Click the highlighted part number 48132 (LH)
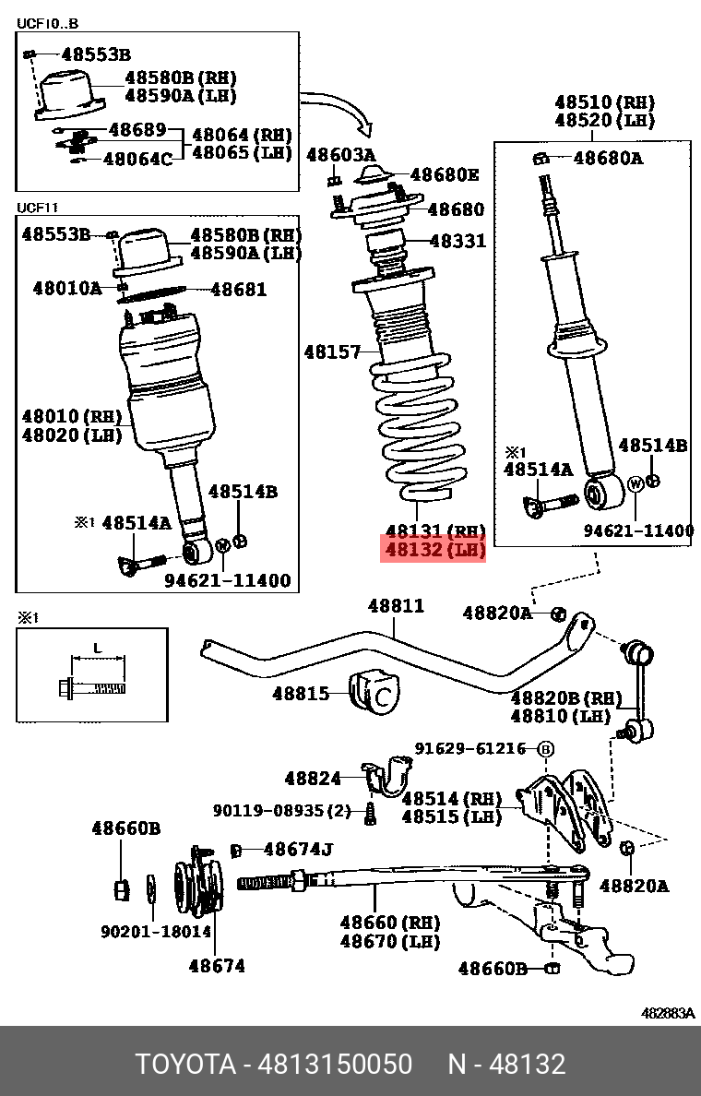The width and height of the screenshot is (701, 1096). pos(434,551)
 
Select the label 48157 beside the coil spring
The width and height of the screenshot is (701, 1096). pos(332,351)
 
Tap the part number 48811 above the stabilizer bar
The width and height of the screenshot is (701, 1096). pos(396,606)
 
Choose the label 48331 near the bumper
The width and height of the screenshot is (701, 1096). pos(457,242)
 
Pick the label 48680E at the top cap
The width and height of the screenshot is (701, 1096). pos(445,174)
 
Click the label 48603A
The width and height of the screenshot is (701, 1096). pos(340,155)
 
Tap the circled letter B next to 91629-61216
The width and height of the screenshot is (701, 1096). pos(545,749)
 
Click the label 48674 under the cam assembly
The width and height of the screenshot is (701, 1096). pos(218,966)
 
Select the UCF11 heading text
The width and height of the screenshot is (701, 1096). pos(43,208)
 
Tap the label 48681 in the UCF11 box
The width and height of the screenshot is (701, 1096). pos(238,290)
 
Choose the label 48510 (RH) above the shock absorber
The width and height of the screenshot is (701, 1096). pos(604,101)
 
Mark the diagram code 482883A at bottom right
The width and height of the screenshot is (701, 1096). pos(668,1013)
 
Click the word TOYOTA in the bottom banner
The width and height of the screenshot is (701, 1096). pos(185,1064)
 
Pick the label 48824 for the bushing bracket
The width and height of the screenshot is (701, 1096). pos(313,779)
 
